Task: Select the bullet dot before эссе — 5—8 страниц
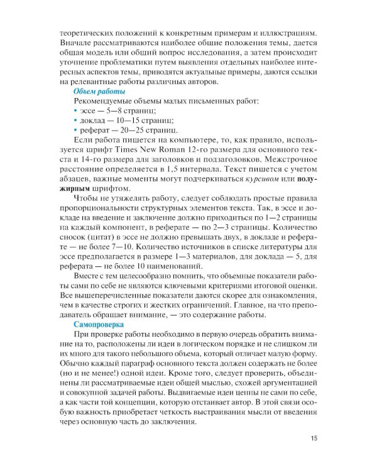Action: tap(76, 111)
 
